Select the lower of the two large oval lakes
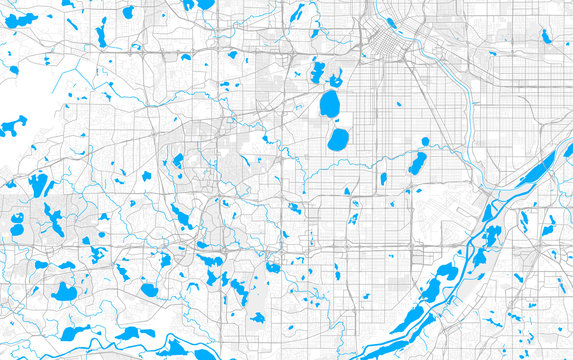339,139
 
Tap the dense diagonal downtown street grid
385,40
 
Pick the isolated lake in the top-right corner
546,36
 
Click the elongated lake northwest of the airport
417,164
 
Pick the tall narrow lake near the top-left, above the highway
101,36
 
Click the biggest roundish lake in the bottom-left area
64,292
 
